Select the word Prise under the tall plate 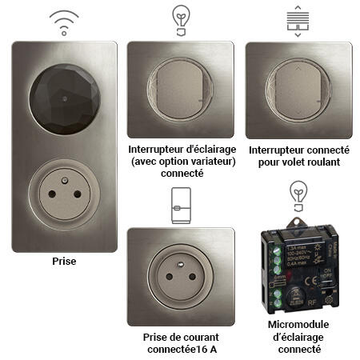[x=64, y=262]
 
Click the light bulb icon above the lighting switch [x=181, y=18]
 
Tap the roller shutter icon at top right [x=298, y=19]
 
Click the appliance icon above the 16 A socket [x=181, y=205]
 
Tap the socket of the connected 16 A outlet [x=181, y=276]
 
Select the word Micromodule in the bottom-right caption [x=298, y=326]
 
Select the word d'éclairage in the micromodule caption [x=298, y=338]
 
